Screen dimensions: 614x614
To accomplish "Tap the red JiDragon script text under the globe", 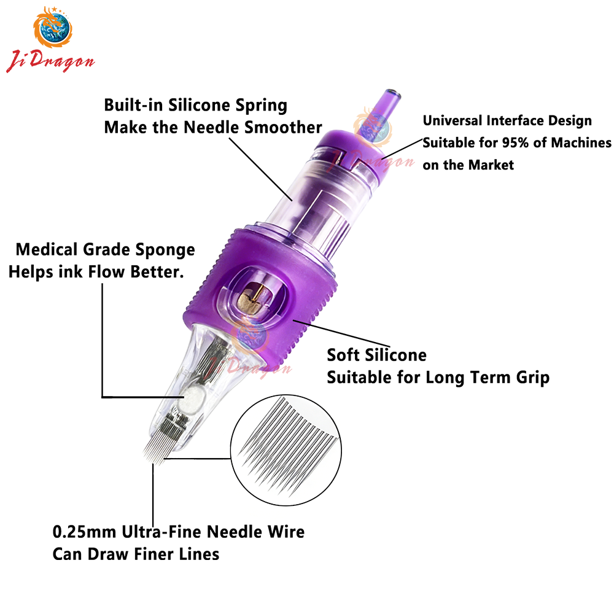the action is [x=50, y=61].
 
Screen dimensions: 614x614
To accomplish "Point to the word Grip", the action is [x=533, y=378].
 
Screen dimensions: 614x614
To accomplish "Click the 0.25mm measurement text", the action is [x=84, y=532].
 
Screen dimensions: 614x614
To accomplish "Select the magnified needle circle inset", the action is [x=286, y=450].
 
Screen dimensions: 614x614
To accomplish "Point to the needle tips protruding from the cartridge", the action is [x=155, y=454].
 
